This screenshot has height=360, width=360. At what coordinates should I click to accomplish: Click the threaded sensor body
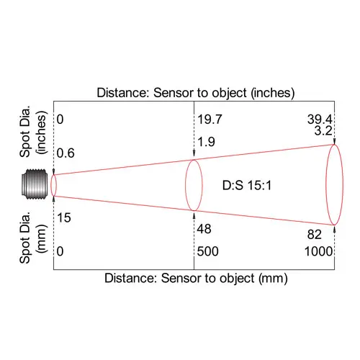(35, 184)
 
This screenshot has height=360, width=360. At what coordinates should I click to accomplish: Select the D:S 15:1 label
(247, 186)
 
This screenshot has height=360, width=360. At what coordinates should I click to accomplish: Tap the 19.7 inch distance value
(210, 120)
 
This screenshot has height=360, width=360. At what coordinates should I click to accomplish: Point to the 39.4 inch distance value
(320, 120)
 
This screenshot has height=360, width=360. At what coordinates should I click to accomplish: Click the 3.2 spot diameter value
(323, 130)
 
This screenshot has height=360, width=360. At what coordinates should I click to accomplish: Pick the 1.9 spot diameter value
(206, 142)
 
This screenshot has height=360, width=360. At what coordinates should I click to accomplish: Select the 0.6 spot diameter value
(66, 153)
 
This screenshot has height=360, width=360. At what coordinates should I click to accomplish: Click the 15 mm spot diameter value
(64, 218)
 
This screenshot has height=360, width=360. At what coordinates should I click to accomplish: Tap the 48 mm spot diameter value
(204, 229)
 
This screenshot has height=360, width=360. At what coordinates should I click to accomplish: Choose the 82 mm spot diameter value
(314, 235)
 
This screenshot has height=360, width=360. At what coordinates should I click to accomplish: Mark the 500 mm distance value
(208, 251)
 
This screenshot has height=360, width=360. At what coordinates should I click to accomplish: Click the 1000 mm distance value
(318, 251)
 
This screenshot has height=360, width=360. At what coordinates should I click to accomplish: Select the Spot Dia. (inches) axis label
(33, 132)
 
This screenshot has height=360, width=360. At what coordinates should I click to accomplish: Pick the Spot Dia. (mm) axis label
(33, 238)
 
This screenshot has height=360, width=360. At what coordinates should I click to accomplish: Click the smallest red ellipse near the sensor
(51, 185)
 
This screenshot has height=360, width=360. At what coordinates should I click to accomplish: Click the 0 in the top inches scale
(60, 120)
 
